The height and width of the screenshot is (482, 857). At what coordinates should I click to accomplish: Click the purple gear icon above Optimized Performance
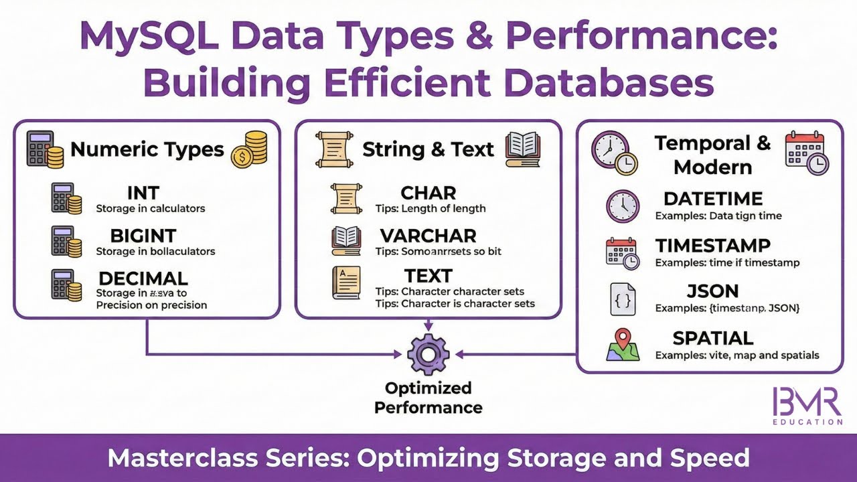(428, 355)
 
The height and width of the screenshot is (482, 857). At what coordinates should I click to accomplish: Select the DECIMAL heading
(143, 278)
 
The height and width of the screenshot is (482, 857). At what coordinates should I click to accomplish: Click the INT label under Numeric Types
(143, 193)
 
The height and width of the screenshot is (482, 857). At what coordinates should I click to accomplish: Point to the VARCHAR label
(428, 236)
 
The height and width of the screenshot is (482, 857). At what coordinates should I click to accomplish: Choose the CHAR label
(428, 193)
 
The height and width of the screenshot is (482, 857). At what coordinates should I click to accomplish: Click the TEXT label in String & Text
(428, 276)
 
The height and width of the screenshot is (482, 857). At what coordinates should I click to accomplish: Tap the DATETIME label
(713, 199)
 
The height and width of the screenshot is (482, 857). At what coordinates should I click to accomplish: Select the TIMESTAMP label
(713, 246)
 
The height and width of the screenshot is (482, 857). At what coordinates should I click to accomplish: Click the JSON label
(713, 291)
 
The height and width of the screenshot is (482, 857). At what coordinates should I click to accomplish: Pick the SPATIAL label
(713, 338)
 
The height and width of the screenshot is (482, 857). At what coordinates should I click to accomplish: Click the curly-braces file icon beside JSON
(622, 299)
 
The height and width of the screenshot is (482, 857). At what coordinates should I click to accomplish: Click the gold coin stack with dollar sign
(249, 149)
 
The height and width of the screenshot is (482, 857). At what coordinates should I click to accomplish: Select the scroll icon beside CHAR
(346, 199)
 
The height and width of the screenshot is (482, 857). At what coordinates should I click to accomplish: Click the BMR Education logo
(807, 406)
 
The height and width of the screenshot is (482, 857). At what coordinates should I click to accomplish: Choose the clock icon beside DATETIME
(622, 206)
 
